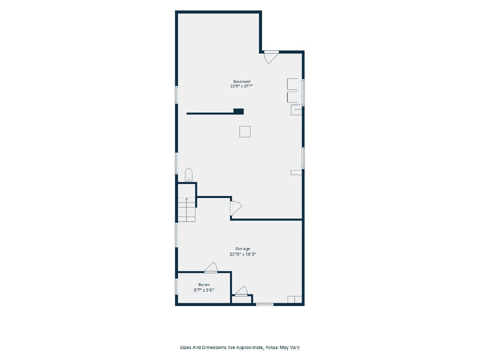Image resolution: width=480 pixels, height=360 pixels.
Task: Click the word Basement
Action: (242, 82)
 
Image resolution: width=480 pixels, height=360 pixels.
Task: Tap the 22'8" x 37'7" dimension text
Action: (242, 86)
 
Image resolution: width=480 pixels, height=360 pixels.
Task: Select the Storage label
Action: (242, 249)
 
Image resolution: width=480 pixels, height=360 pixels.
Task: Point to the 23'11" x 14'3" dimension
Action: (242, 254)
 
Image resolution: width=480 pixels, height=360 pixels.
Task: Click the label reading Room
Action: (204, 284)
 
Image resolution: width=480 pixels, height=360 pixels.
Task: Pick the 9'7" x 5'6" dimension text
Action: (204, 290)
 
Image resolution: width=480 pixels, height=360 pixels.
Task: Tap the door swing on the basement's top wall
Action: (271, 57)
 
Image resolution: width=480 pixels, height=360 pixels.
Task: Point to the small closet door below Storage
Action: (241, 291)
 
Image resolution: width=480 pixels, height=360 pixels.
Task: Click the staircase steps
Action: (186, 209)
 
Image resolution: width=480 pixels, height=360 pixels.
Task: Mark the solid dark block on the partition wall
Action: (238, 112)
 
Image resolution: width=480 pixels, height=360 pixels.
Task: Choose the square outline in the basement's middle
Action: (245, 132)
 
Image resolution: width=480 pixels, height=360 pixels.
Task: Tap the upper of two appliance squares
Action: (292, 84)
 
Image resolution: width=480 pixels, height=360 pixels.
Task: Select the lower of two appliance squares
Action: (292, 97)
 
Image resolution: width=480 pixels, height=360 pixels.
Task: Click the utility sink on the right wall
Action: (296, 110)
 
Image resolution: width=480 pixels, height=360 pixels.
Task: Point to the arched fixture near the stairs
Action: (188, 175)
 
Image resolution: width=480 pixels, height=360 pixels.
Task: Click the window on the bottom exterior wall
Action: (265, 304)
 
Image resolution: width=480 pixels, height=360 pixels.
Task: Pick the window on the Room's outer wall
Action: (176, 286)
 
